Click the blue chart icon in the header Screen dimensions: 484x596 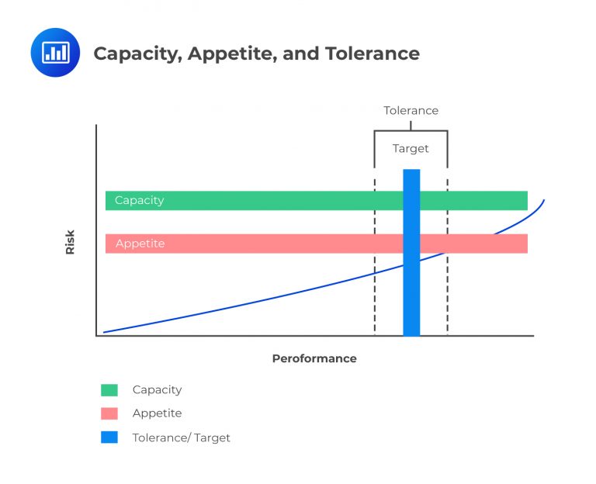(55, 53)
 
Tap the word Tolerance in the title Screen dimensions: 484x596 (371, 54)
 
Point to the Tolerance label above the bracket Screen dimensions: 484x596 (411, 111)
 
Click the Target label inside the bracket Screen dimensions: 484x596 (411, 148)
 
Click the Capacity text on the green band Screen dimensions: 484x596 (140, 200)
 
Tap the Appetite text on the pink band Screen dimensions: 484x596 (140, 244)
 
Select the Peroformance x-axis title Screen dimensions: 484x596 (314, 359)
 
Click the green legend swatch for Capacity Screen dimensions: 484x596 (109, 390)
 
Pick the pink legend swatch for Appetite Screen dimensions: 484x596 (109, 413)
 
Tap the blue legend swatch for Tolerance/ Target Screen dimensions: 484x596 (109, 437)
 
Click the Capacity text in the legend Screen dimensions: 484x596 (157, 390)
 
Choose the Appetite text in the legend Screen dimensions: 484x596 (157, 413)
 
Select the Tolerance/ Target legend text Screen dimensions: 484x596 (182, 437)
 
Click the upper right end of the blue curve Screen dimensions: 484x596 (543, 202)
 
